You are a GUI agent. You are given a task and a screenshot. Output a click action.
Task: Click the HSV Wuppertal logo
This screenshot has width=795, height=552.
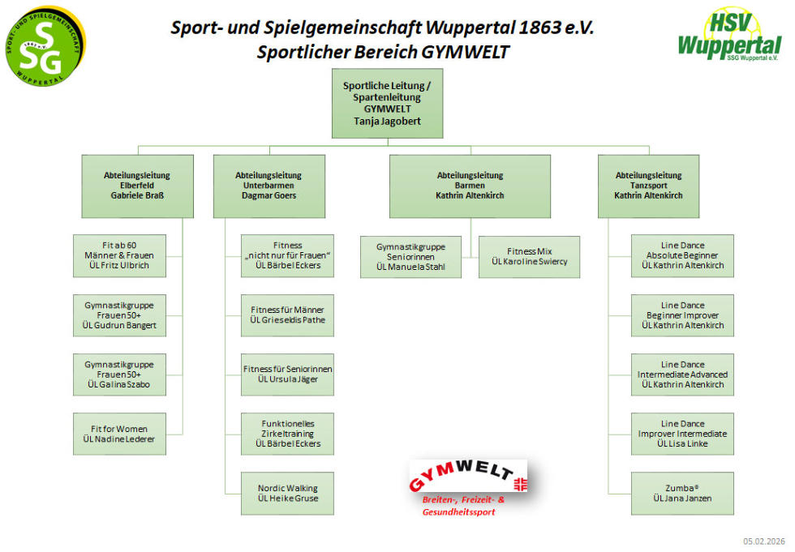[x=728, y=36]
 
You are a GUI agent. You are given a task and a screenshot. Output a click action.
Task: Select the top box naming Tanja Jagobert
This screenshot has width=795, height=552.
[x=387, y=103]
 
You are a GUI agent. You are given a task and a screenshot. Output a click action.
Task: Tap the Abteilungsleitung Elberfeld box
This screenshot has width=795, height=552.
[x=137, y=186]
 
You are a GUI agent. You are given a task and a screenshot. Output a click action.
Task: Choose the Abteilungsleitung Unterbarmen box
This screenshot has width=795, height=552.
[x=269, y=186]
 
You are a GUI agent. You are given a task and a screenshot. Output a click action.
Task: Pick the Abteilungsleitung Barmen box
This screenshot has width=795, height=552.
[x=470, y=186]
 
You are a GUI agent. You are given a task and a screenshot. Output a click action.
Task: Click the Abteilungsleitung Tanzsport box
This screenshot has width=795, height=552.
[x=648, y=186]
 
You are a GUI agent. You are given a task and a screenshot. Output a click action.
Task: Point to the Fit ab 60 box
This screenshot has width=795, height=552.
[x=119, y=255]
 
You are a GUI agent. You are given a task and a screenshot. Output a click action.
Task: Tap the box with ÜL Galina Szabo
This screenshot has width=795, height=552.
[x=119, y=374]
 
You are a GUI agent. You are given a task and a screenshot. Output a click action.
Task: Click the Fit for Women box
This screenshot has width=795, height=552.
[x=119, y=434]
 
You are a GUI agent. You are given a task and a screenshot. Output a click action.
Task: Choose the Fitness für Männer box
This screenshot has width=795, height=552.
[x=287, y=315]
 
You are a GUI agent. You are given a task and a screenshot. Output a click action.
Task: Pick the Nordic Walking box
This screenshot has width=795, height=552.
[x=287, y=493]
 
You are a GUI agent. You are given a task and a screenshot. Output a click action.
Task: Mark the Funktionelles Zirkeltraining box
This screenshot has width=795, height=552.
[x=287, y=434]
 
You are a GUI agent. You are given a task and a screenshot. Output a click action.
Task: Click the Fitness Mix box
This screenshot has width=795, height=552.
[x=529, y=257]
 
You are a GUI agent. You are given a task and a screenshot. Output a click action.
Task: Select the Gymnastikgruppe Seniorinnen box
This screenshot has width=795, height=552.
[x=410, y=257]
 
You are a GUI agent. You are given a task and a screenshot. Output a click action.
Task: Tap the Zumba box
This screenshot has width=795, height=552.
[x=682, y=493]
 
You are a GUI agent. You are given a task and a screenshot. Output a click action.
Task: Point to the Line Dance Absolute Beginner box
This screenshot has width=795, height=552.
[x=682, y=255]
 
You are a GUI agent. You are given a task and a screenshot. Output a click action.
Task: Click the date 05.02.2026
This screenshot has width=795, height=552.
[x=764, y=541]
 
